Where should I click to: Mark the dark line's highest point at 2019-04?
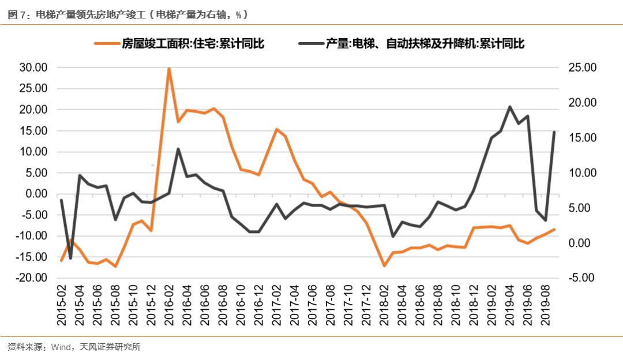510,107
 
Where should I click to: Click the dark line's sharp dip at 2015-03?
70,258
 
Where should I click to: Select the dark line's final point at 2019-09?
554,132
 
